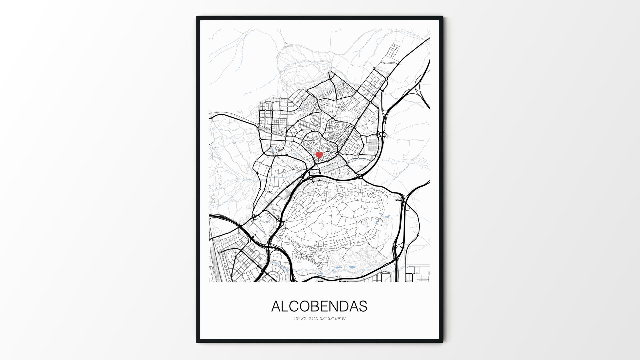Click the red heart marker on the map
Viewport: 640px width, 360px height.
[x=319, y=155]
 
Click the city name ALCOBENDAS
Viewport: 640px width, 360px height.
[x=319, y=306]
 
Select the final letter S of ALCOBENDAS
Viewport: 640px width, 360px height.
[x=363, y=306]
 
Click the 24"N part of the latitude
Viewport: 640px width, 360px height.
[x=313, y=318]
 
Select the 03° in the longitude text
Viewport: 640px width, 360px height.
[x=323, y=318]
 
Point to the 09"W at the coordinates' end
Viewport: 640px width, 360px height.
[x=341, y=318]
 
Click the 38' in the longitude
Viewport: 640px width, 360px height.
[x=331, y=318]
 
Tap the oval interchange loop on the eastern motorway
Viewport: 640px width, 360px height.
[x=382, y=135]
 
